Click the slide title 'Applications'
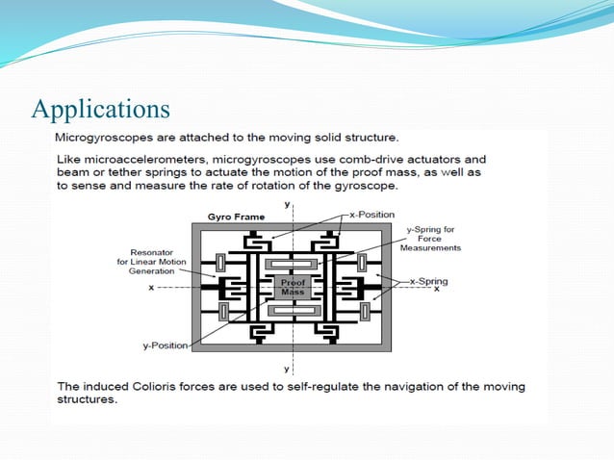click(x=101, y=108)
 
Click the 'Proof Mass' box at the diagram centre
click(x=293, y=286)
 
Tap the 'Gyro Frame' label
click(x=236, y=217)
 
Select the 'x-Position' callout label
click(x=371, y=214)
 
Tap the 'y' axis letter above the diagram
click(x=287, y=205)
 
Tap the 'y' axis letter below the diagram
click(x=287, y=369)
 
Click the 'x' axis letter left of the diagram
click(x=151, y=287)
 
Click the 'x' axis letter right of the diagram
click(x=438, y=288)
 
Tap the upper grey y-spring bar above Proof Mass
click(x=293, y=263)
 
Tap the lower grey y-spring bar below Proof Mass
click(x=293, y=310)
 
